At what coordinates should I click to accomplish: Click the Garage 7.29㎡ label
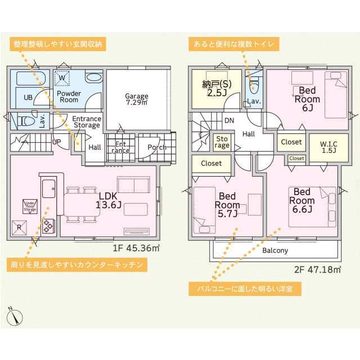[x=137, y=100]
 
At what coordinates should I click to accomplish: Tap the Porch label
[x=157, y=147]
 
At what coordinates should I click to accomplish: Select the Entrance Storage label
[x=86, y=122]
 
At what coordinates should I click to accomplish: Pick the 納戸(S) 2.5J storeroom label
[x=215, y=89]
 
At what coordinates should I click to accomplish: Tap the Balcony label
[x=275, y=250]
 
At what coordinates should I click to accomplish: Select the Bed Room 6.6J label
[x=303, y=201]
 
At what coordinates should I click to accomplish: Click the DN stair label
[x=229, y=120]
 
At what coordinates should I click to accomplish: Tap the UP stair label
[x=57, y=142]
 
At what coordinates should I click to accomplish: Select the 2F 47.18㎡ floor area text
[x=318, y=269]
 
